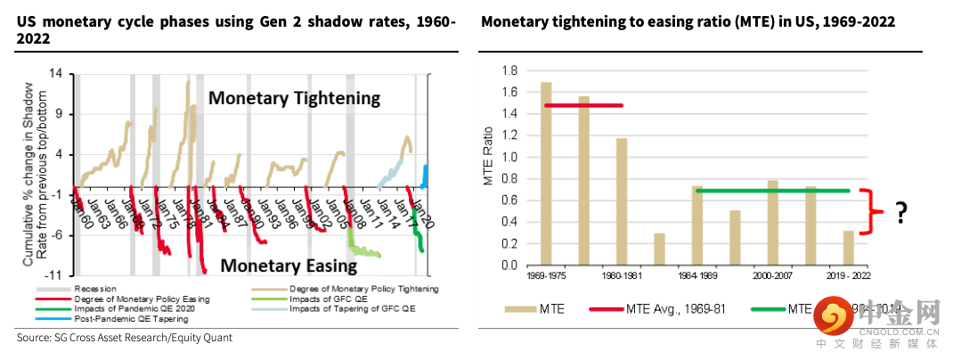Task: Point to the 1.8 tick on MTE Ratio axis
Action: tap(509, 70)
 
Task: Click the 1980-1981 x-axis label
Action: tap(622, 277)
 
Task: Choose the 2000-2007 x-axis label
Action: tap(772, 277)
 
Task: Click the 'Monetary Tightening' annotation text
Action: tap(294, 98)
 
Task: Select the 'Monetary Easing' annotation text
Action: tap(288, 265)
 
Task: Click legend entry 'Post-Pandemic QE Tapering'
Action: tap(126, 318)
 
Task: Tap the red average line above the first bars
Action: tap(582, 106)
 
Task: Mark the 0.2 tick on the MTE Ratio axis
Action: tap(509, 243)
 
